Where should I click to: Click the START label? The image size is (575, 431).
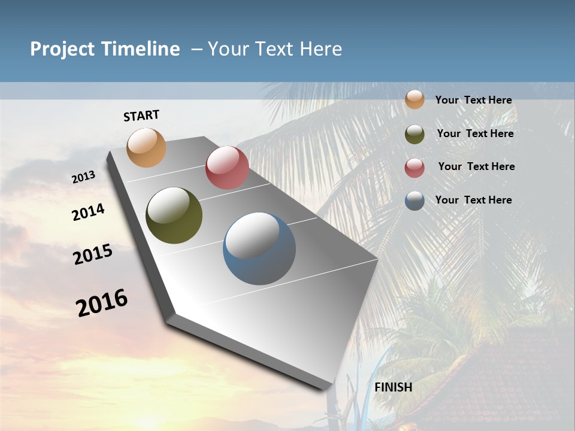(141, 116)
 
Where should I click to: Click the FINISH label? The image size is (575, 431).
(394, 387)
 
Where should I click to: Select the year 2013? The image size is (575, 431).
(84, 177)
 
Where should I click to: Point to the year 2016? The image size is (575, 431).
(102, 303)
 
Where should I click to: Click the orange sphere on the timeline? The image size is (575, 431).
(147, 147)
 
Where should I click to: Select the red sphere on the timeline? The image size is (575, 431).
(227, 168)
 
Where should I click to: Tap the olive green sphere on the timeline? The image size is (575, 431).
(174, 215)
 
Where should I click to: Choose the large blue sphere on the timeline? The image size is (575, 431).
(259, 248)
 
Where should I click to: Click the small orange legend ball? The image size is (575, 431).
(414, 99)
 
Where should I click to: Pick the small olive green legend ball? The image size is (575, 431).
(414, 134)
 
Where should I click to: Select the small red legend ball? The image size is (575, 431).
(414, 168)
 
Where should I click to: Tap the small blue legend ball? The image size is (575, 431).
(414, 201)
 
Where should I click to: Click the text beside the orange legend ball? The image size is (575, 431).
(473, 100)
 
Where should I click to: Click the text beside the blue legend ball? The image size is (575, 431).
(473, 200)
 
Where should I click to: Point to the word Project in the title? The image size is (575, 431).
(62, 49)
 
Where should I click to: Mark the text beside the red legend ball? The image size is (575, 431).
(476, 166)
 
